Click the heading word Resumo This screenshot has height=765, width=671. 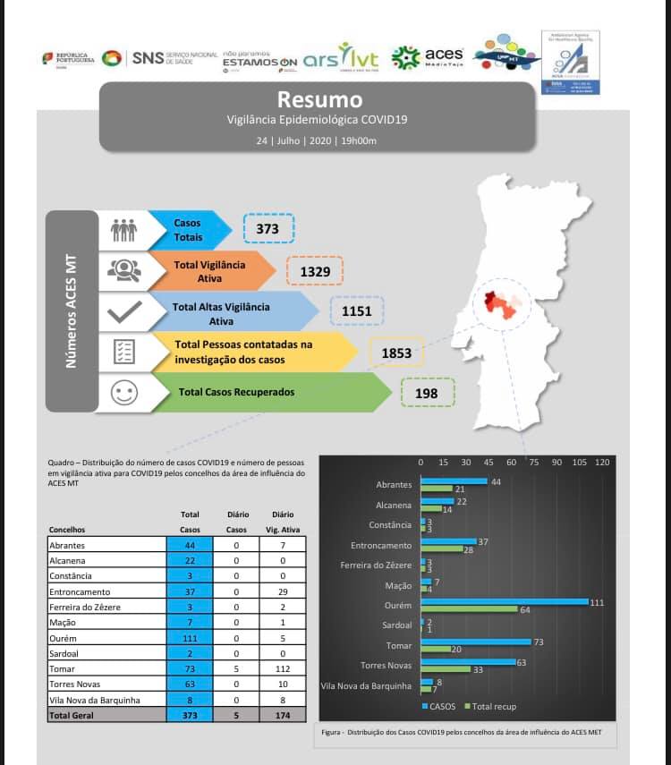(319, 99)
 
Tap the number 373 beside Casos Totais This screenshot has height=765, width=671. (268, 229)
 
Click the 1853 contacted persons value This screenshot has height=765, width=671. (396, 353)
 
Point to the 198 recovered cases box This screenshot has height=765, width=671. (427, 392)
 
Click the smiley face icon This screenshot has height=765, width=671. (123, 392)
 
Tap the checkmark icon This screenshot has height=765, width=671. (123, 311)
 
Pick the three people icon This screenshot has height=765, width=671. (123, 230)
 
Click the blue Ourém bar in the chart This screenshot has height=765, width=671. (505, 602)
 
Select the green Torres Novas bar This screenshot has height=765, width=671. (446, 669)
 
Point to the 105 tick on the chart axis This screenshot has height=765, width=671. (579, 463)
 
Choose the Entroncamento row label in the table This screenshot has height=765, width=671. (80, 592)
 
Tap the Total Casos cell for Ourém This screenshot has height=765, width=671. (190, 639)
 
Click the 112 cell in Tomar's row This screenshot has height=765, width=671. (284, 668)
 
